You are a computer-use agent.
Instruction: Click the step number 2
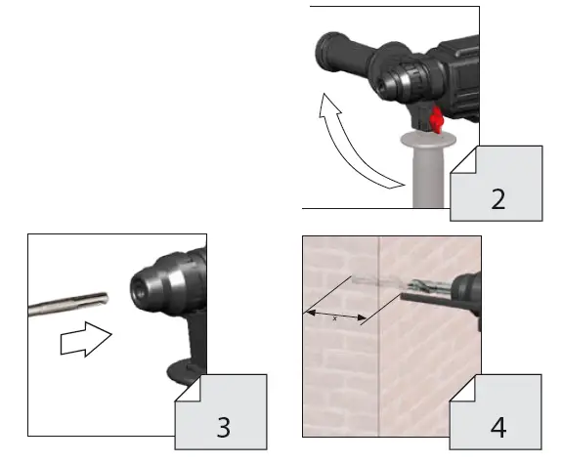click(498, 200)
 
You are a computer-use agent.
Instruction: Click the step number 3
click(225, 426)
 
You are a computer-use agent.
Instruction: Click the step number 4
click(498, 426)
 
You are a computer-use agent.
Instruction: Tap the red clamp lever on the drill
click(437, 121)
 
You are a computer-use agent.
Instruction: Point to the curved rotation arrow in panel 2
click(352, 137)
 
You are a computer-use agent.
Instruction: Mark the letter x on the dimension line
click(336, 316)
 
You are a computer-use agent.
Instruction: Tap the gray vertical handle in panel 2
click(426, 171)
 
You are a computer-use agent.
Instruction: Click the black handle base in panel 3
click(181, 371)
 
